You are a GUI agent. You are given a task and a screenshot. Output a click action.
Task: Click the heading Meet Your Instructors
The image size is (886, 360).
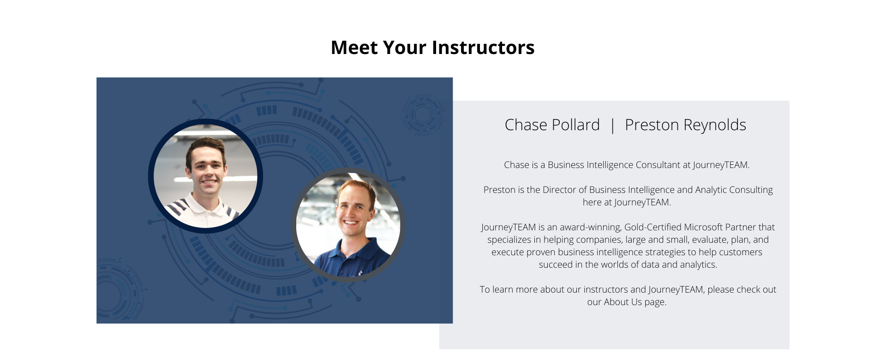coord(432,48)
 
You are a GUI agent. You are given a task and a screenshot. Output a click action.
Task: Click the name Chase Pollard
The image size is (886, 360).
coord(552,125)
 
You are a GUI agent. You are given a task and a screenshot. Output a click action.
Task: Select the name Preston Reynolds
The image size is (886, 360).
coord(685,125)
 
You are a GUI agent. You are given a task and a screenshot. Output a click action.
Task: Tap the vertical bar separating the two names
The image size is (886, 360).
coord(612,126)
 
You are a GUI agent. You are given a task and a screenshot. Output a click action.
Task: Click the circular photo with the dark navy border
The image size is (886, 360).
coord(205,176)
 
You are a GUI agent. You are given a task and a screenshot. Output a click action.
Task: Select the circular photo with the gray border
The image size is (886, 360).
coord(348,225)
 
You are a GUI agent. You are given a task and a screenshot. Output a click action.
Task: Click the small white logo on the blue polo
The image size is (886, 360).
coord(360,271)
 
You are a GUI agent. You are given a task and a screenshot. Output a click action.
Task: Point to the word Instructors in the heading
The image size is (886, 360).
coord(483,48)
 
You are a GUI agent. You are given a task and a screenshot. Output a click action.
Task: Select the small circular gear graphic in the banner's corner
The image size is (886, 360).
coord(422,114)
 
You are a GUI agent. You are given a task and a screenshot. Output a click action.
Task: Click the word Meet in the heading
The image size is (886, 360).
coord(354,48)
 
